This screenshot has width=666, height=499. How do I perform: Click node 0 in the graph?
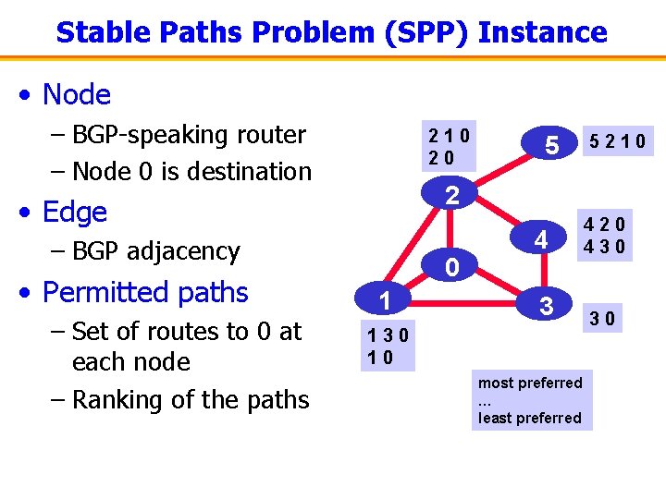[450, 268]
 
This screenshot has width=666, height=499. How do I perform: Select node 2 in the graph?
[450, 195]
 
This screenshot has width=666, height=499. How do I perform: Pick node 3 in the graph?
[547, 305]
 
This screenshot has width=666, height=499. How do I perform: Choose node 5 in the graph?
[551, 145]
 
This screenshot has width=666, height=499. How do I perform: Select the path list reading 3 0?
[605, 320]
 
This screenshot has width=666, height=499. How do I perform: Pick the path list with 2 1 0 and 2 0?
[449, 146]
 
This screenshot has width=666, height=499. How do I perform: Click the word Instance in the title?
[543, 32]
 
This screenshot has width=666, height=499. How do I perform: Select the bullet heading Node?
[76, 94]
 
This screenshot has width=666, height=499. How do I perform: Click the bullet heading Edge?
[74, 212]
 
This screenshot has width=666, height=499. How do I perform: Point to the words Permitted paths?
[145, 292]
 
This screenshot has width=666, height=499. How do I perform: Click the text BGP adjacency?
[155, 250]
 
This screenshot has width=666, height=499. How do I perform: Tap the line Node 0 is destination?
[191, 171]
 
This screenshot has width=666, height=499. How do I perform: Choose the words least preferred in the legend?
[530, 418]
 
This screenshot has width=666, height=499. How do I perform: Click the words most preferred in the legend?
[530, 383]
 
